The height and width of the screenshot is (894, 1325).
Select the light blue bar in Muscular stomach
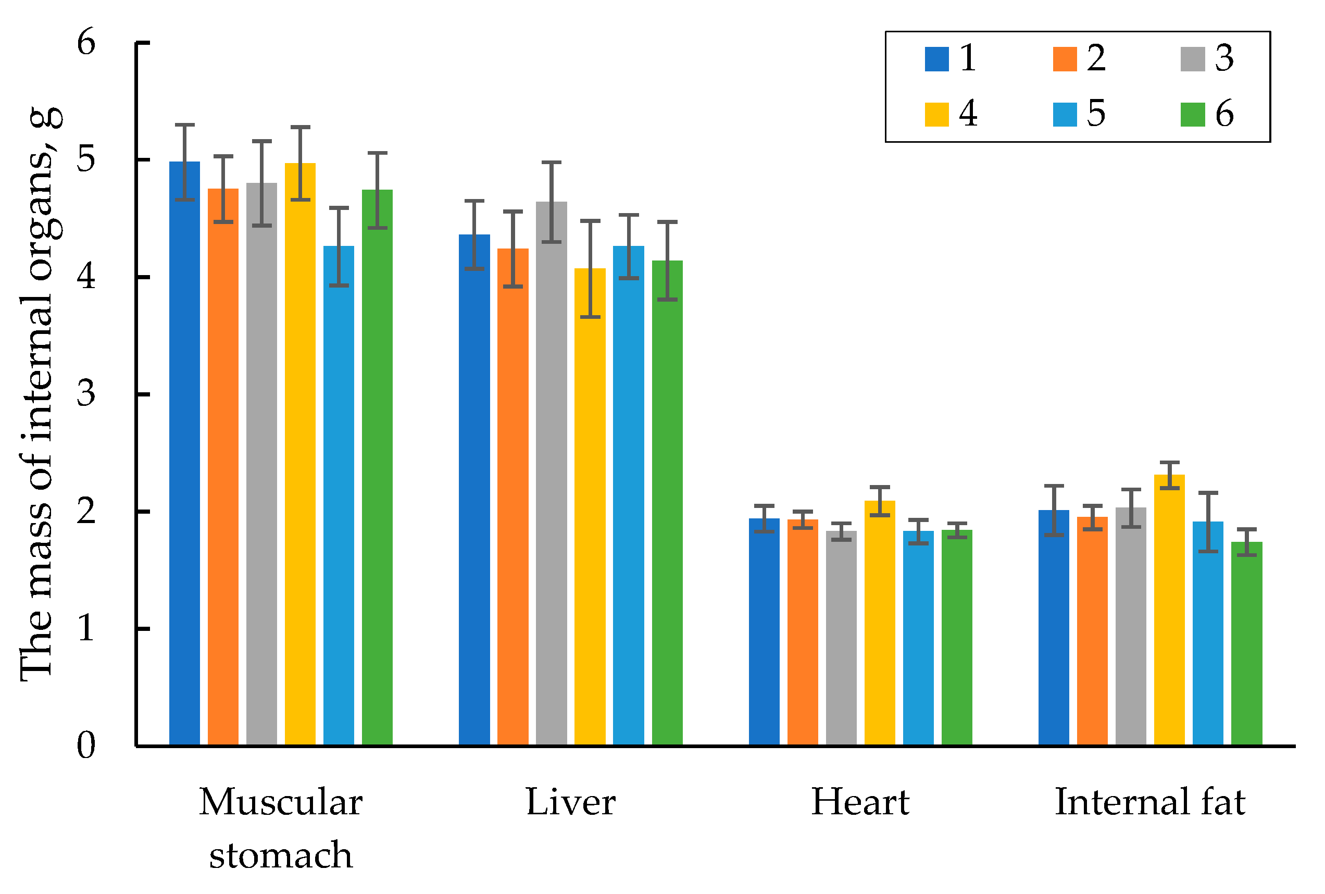click(x=339, y=496)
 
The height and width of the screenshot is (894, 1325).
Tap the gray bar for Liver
click(x=551, y=473)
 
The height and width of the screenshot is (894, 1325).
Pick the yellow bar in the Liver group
click(x=590, y=507)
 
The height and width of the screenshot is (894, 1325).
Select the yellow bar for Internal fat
click(x=1169, y=610)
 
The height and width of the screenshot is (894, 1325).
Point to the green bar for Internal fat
click(x=1246, y=644)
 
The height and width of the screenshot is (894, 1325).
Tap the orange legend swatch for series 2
click(x=1065, y=59)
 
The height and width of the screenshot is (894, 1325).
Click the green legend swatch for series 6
click(x=1192, y=115)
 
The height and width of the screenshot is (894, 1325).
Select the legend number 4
click(x=968, y=114)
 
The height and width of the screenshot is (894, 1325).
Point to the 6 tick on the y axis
click(x=86, y=43)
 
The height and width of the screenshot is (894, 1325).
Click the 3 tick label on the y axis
click(x=86, y=394)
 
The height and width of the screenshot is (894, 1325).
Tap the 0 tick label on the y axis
click(x=86, y=745)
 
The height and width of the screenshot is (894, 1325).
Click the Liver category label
click(x=570, y=802)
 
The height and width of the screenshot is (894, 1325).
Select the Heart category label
click(x=860, y=802)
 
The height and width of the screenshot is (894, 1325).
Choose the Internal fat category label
click(x=1150, y=802)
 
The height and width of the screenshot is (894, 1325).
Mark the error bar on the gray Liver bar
click(x=551, y=203)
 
